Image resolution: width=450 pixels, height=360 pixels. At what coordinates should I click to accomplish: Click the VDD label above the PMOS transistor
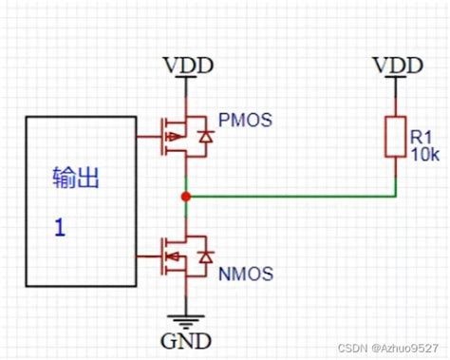pyautogui.click(x=187, y=66)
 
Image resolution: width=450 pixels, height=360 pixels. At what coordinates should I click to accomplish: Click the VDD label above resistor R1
pyautogui.click(x=396, y=66)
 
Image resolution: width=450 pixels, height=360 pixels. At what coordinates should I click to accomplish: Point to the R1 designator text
pyautogui.click(x=422, y=139)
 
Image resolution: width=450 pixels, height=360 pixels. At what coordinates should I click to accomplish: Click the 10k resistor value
pyautogui.click(x=424, y=155)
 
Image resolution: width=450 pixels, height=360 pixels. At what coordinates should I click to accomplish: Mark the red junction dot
pyautogui.click(x=187, y=197)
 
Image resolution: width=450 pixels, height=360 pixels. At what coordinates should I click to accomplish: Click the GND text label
pyautogui.click(x=187, y=339)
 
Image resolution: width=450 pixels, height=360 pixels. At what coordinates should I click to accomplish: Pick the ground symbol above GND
pyautogui.click(x=187, y=316)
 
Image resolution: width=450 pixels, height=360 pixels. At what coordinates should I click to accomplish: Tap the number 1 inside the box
pyautogui.click(x=58, y=229)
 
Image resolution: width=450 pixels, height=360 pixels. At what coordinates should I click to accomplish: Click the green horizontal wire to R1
pyautogui.click(x=294, y=197)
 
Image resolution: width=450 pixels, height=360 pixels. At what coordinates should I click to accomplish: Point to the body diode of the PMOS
pyautogui.click(x=205, y=139)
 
